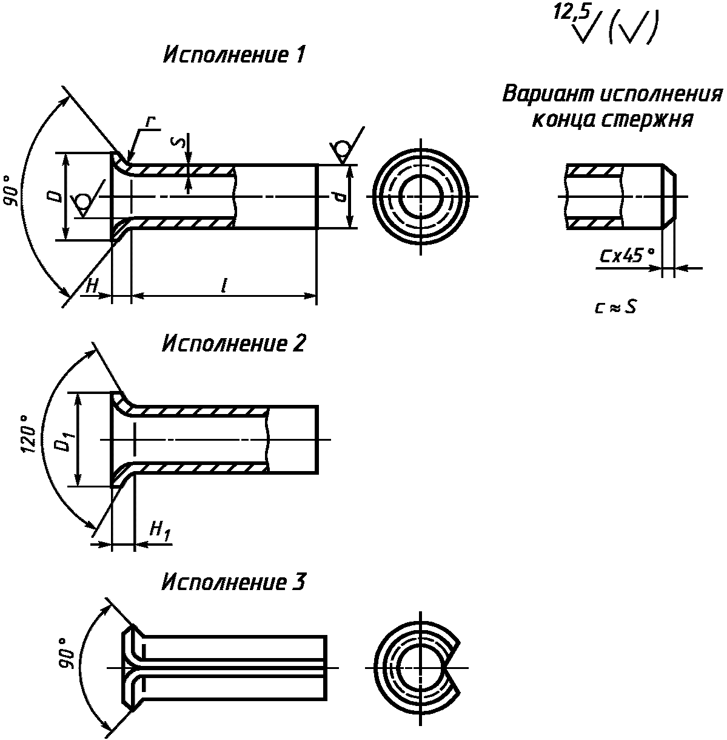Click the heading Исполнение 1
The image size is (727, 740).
[x=234, y=55]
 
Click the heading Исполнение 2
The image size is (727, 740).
[x=234, y=343]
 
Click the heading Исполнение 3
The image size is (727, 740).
[x=234, y=582]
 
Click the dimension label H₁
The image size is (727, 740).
[x=160, y=531]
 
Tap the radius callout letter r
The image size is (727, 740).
[x=151, y=121]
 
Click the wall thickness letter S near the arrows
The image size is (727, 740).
[x=178, y=143]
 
